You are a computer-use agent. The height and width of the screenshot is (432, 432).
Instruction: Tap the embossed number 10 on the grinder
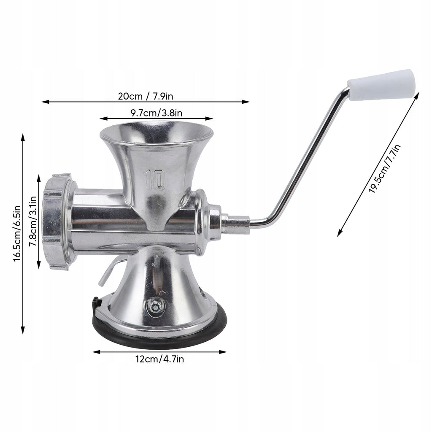[x=154, y=180]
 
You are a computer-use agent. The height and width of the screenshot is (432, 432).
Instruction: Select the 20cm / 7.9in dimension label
[x=146, y=96]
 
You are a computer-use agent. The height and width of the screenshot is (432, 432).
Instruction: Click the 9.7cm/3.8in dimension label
[x=156, y=113]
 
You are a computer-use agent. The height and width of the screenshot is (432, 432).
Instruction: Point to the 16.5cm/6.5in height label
[x=17, y=234]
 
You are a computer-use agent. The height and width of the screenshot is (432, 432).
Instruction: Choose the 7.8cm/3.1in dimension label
[x=33, y=221]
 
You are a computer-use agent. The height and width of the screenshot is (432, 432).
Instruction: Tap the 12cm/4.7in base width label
[x=159, y=359]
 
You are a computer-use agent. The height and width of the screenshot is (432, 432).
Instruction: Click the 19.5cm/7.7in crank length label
[x=385, y=168]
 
